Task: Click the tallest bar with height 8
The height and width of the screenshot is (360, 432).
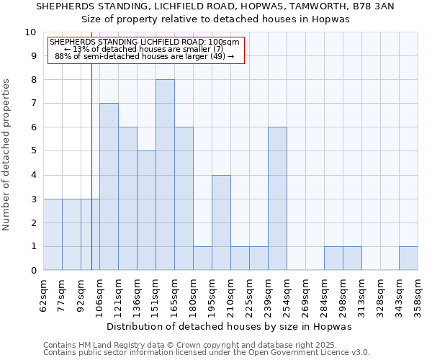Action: (x=165, y=175)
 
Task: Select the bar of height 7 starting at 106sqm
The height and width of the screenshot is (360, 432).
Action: (x=109, y=187)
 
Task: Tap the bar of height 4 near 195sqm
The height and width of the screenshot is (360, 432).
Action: (x=221, y=222)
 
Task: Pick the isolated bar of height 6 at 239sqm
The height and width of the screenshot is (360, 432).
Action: (x=277, y=199)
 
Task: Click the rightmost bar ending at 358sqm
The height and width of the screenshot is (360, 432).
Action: (x=408, y=258)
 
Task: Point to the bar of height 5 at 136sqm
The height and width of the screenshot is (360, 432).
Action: (x=146, y=210)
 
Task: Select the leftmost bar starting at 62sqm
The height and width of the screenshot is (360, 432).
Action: (x=53, y=235)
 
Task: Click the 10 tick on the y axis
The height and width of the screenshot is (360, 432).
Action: (x=31, y=32)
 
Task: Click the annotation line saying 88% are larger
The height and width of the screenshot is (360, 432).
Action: (x=144, y=55)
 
